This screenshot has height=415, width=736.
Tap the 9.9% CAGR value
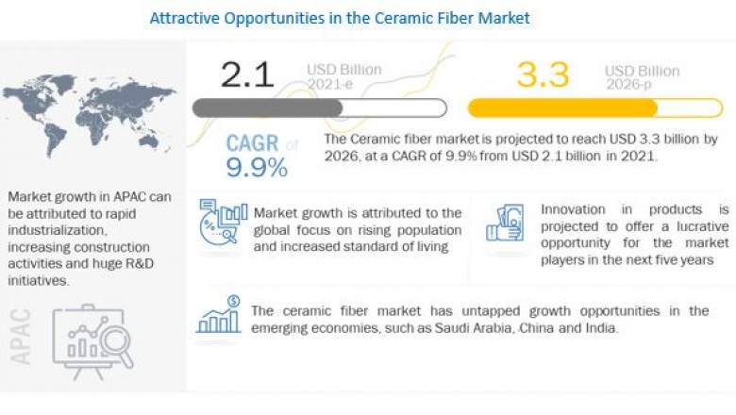pos(256,168)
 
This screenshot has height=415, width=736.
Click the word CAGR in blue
pos(252,143)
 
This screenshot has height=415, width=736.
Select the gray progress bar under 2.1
pos(268,108)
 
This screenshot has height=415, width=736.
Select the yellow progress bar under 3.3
pos(562,108)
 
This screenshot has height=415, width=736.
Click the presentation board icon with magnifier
pos(92,339)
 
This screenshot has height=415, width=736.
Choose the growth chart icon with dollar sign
pos(219,316)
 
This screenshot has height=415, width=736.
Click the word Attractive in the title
pos(182,17)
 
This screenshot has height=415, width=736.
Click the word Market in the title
pos(502,17)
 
